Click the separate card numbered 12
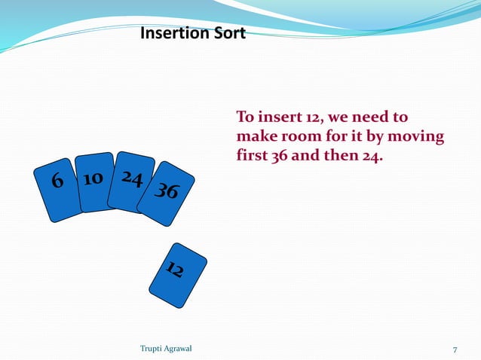tap(175, 273)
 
